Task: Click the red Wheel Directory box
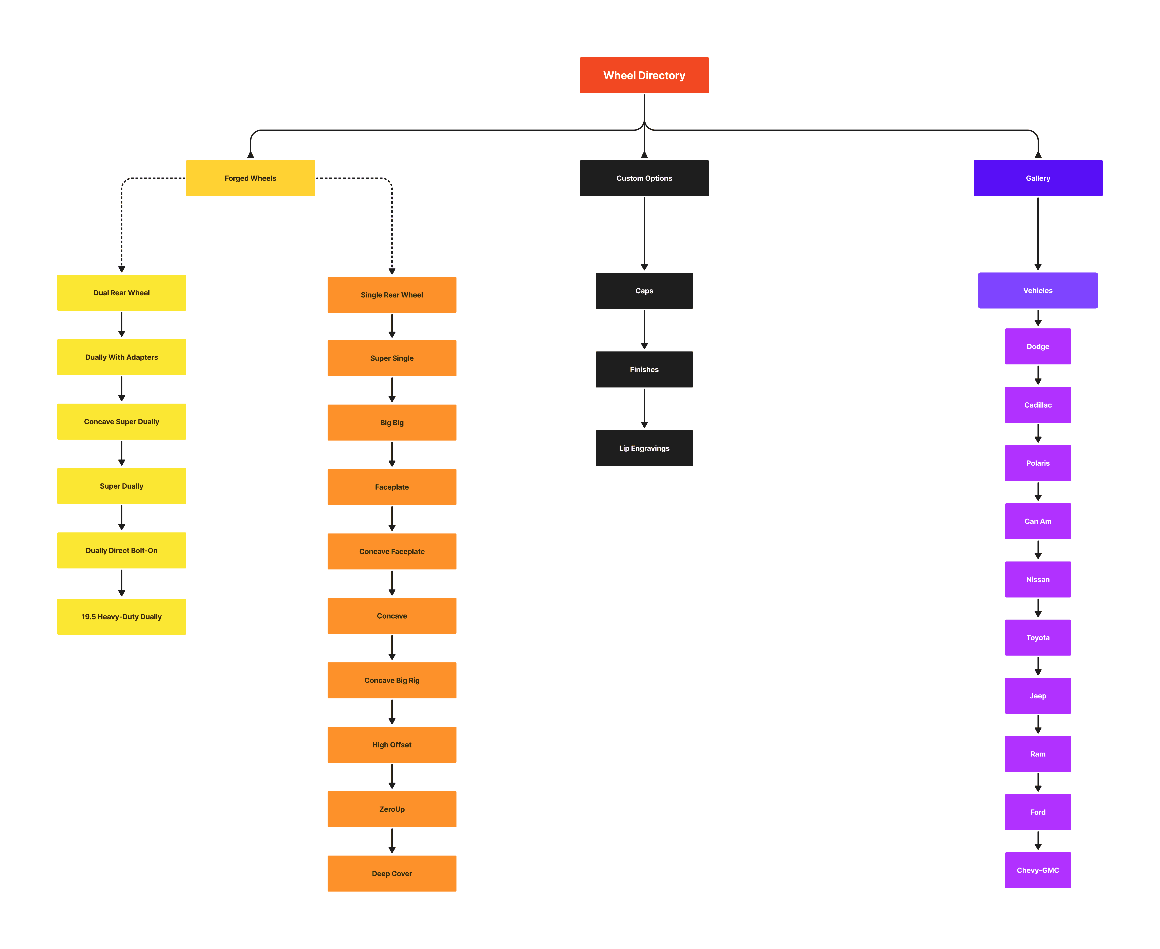(x=644, y=75)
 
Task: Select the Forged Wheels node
(x=250, y=178)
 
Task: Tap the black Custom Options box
(x=644, y=178)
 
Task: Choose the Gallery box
(x=1038, y=178)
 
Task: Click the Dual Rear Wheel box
(x=121, y=293)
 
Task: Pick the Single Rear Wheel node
(x=392, y=295)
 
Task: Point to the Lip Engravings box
(x=644, y=448)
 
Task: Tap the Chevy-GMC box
(x=1038, y=870)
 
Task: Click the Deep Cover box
(x=392, y=874)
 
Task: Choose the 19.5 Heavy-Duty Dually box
(x=121, y=617)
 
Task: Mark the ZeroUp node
(x=392, y=809)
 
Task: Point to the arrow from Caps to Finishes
(x=644, y=330)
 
